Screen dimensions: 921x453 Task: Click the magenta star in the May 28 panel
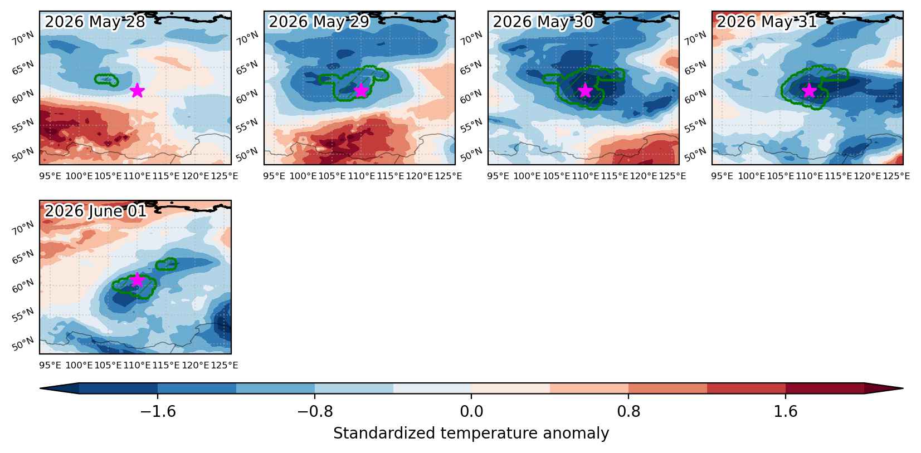point(137,90)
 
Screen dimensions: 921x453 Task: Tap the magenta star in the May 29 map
point(361,90)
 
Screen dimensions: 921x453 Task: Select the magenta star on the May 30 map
point(585,90)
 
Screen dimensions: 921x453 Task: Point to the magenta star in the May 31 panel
point(809,90)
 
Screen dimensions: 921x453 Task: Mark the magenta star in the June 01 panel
point(137,280)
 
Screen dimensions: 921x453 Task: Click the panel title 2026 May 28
point(95,21)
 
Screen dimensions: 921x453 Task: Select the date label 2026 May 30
point(543,21)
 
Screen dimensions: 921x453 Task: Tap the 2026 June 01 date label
point(95,211)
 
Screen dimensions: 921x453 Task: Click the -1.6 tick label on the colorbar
point(158,411)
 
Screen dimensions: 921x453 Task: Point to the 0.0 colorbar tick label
point(471,411)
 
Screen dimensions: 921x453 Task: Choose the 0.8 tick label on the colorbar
point(628,411)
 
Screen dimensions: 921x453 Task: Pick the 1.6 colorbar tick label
point(785,411)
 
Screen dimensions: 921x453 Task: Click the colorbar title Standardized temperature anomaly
point(471,434)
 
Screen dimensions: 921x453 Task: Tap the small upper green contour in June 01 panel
point(167,264)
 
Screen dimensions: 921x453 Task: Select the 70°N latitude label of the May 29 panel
point(247,38)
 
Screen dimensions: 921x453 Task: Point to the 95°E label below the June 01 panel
point(50,366)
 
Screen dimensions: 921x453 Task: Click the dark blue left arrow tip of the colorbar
point(41,388)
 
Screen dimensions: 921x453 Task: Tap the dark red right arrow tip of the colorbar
point(903,388)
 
